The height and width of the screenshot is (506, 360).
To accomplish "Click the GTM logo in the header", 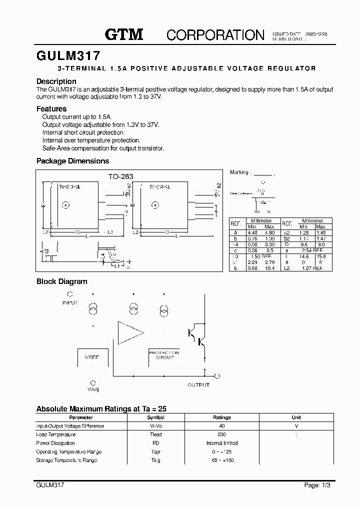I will pos(124,34).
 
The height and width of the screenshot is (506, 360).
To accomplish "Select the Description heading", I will pos(56,81).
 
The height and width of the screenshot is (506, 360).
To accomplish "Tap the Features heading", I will pos(51,108).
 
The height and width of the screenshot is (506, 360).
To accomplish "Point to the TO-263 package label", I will pos(121,176).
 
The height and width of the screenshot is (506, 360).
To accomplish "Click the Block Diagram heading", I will pos(61,281).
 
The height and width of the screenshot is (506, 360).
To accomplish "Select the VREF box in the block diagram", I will pos(93,357).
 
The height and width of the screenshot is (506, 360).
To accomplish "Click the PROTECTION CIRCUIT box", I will pos(164,355).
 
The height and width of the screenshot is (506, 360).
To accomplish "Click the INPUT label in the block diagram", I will pos(70,302).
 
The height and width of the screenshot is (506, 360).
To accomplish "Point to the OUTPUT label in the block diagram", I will pos(198,384).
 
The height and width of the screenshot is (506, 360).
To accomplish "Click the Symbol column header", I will pos(155,417).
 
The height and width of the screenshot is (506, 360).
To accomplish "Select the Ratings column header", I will pos(222,417).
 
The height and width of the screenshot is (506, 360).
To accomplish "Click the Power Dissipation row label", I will pos(55,443).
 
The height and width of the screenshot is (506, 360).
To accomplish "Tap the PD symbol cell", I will pos(155,443).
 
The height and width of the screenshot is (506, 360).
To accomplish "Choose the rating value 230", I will pos(222,434).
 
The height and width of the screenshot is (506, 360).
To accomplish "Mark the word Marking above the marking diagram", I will pos(239,172).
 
